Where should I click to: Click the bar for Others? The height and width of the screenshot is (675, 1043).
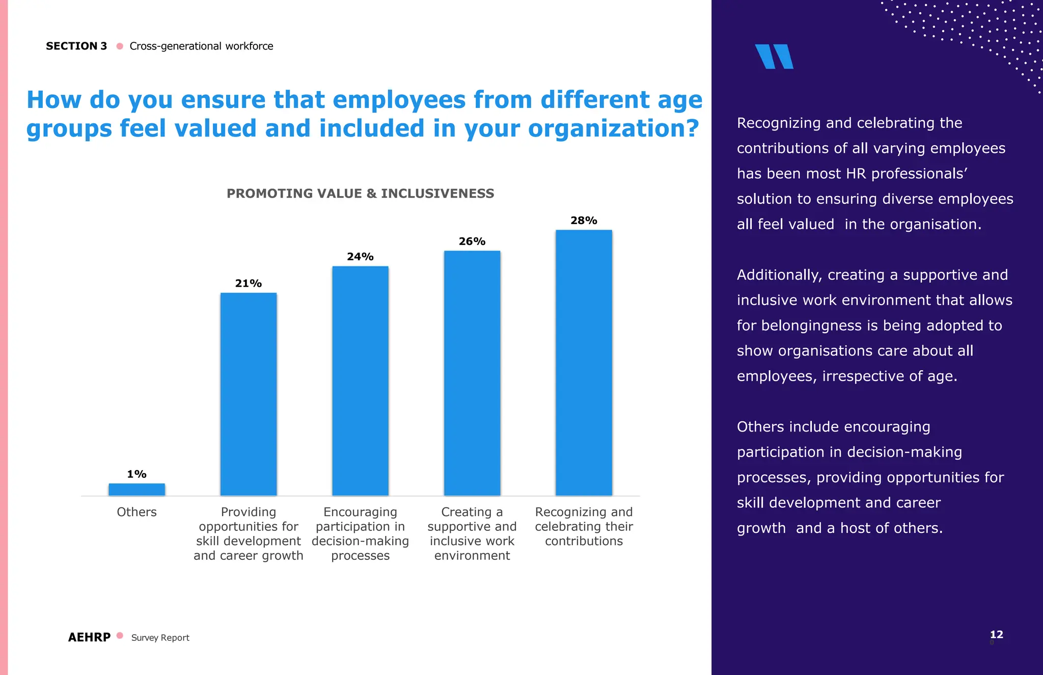point(136,490)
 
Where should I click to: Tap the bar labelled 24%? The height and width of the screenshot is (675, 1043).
point(360,381)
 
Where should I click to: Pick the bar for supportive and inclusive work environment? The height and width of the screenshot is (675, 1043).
point(472,373)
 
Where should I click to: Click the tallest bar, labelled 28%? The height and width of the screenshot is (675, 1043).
point(584,363)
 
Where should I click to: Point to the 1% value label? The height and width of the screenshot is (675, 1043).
point(136,474)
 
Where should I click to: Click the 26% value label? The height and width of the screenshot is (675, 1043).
point(472,241)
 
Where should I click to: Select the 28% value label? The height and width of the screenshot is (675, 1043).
point(584,221)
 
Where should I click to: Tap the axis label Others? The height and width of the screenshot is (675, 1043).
point(136,512)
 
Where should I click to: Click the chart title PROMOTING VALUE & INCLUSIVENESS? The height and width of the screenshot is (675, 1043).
point(360,194)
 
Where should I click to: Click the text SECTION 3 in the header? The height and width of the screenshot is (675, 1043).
point(76,46)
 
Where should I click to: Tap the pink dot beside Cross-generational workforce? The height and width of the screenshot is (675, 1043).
point(120,46)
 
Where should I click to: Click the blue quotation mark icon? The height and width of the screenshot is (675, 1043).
point(774,57)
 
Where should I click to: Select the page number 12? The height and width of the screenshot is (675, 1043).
point(996,634)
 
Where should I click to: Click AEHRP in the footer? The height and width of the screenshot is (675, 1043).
point(89,637)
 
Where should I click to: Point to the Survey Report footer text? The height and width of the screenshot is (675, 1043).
point(160,638)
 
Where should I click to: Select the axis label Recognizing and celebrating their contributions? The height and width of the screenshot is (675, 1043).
point(584,526)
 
